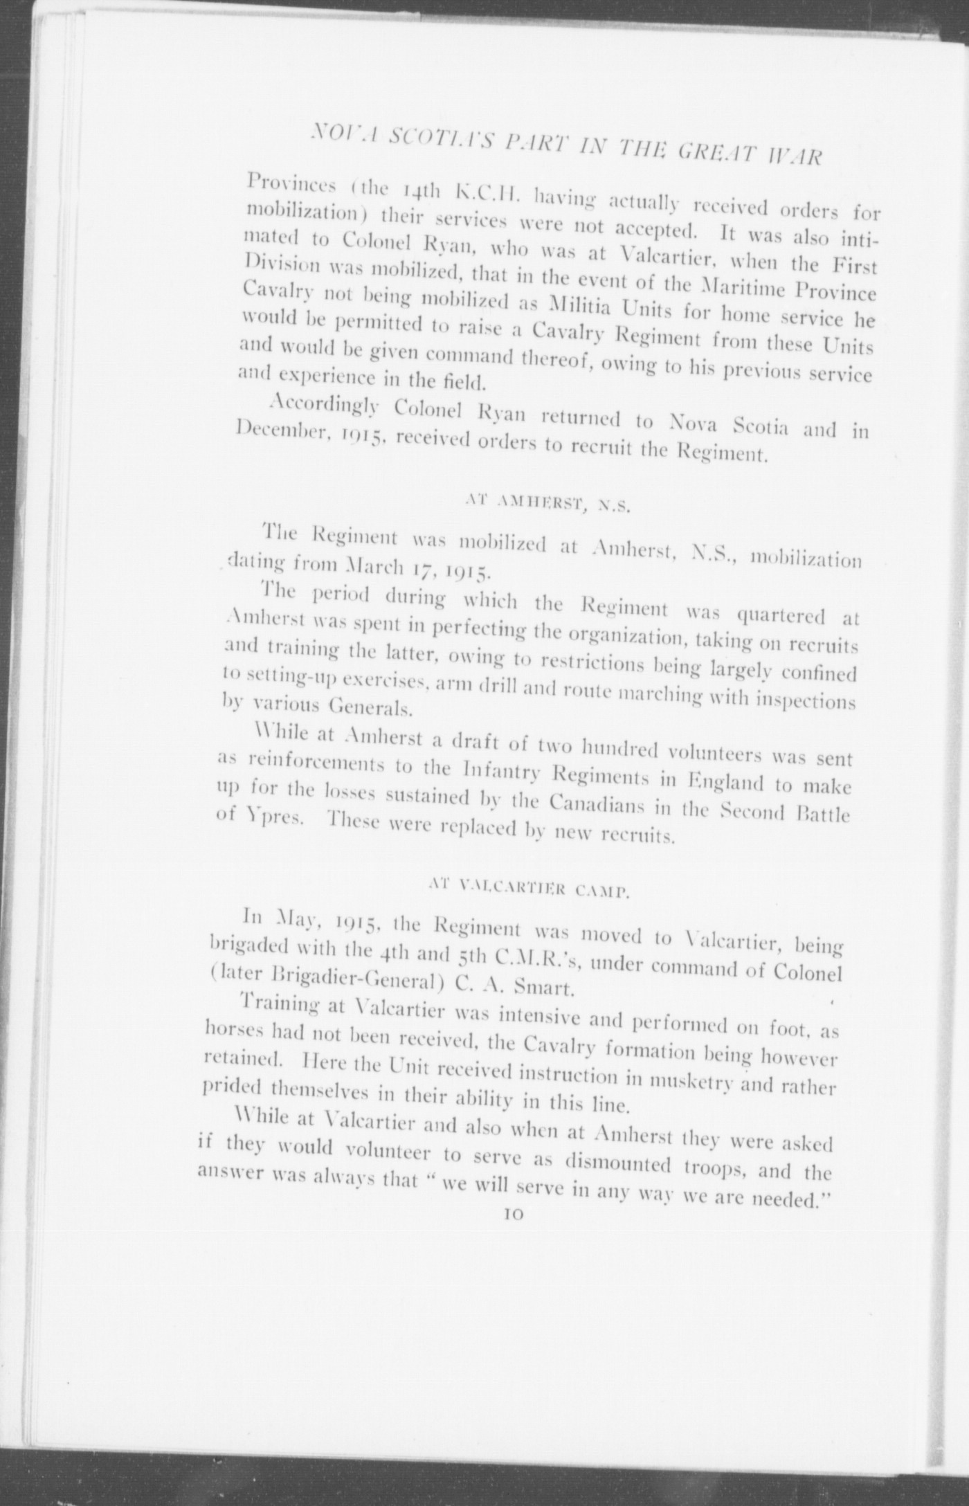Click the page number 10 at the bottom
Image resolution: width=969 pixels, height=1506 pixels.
tap(516, 1215)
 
